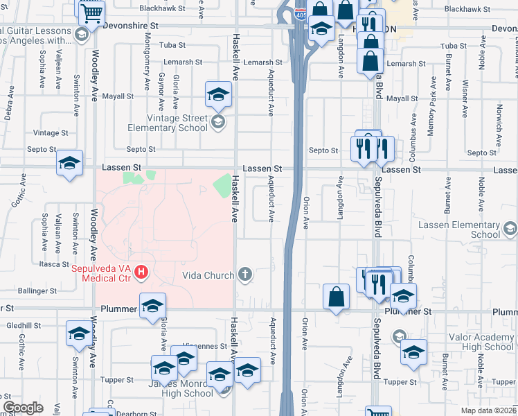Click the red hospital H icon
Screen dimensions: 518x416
tap(142, 271)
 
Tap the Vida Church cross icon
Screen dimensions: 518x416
tap(244, 275)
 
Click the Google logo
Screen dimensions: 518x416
tap(22, 408)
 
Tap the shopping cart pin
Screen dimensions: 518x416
tap(91, 12)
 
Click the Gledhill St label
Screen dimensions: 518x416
tap(24, 325)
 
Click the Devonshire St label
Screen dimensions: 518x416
tap(131, 24)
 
